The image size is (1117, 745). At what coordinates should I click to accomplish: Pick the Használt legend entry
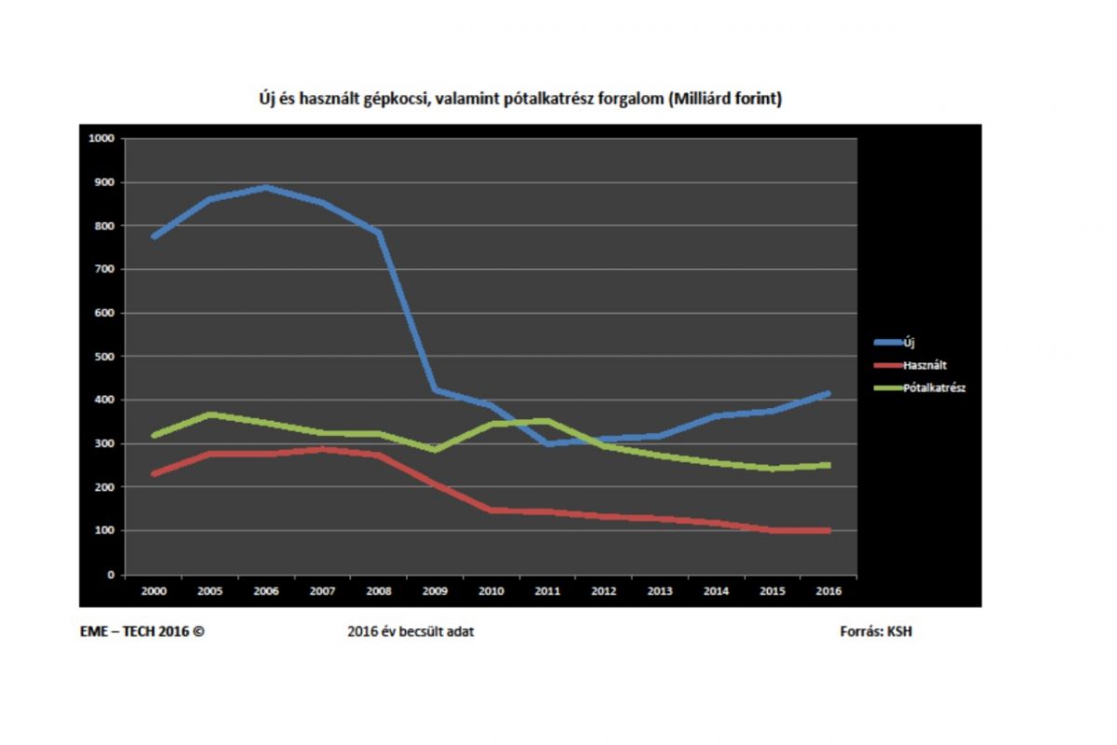coord(924,366)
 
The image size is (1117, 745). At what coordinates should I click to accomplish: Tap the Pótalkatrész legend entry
coord(934,388)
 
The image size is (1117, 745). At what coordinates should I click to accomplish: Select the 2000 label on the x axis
coord(153,589)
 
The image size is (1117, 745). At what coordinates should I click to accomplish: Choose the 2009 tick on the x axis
coord(436,589)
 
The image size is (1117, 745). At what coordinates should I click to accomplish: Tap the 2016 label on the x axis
coord(828,589)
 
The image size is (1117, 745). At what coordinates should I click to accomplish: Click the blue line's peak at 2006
coord(266,188)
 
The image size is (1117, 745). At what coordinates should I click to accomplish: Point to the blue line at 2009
coord(436,390)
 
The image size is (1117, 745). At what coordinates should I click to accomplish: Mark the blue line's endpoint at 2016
coord(828,394)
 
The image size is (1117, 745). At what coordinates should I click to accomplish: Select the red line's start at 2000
coord(154,474)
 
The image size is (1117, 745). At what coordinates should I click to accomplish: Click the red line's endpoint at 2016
coord(828,531)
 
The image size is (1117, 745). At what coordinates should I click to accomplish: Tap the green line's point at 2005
coord(210,414)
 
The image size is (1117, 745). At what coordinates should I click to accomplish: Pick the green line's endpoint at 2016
coord(828,465)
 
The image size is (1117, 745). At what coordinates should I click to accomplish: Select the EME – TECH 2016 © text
coord(141,631)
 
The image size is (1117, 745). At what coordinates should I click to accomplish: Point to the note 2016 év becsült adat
coord(410,631)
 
